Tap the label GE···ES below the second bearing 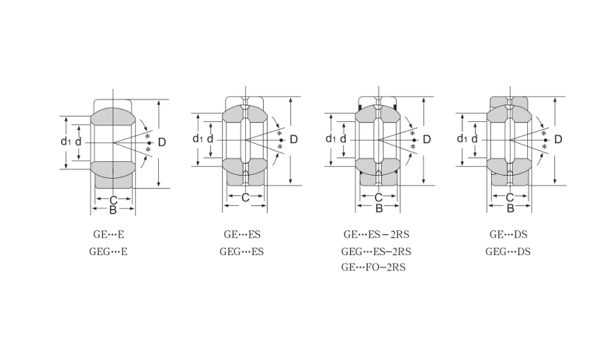[242, 234]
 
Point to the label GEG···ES [242, 251]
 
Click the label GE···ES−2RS [376, 234]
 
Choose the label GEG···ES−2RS [376, 251]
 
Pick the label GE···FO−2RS [373, 267]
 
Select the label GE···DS [507, 234]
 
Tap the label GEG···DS [507, 251]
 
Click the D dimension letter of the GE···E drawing [162, 142]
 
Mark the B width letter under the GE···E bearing [113, 210]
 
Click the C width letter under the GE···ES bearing [245, 198]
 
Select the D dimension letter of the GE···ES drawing [294, 139]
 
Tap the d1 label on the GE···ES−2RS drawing [330, 139]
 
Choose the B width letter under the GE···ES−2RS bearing [379, 209]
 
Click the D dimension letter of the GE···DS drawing [558, 139]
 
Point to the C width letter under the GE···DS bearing [510, 197]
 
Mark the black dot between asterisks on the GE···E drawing [149, 143]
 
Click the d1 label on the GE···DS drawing [462, 139]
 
